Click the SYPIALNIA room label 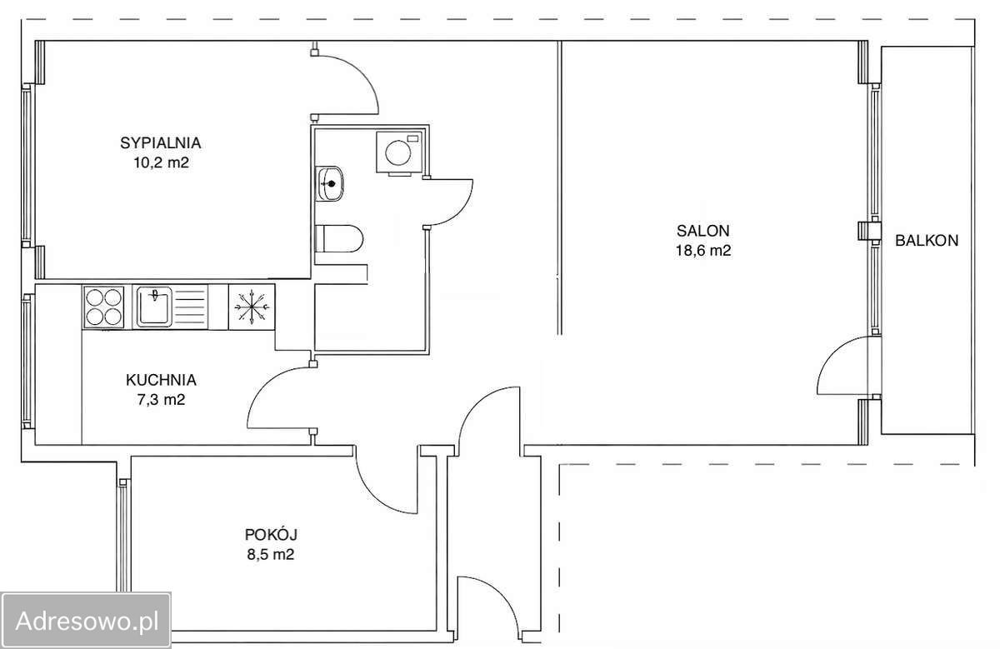[x=160, y=142]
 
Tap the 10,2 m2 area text [x=161, y=162]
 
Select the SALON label [x=703, y=231]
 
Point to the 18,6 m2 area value [x=703, y=251]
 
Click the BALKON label [x=927, y=241]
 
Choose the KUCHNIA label [x=161, y=380]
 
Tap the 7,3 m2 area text [x=161, y=400]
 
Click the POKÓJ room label [x=271, y=534]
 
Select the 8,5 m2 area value [x=271, y=554]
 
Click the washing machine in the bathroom [x=398, y=152]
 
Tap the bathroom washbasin [x=329, y=184]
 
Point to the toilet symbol [x=339, y=239]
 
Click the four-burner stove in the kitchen [x=103, y=307]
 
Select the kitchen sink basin [x=154, y=307]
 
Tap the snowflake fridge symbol [x=252, y=307]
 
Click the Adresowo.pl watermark [x=87, y=621]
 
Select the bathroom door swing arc [x=462, y=209]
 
